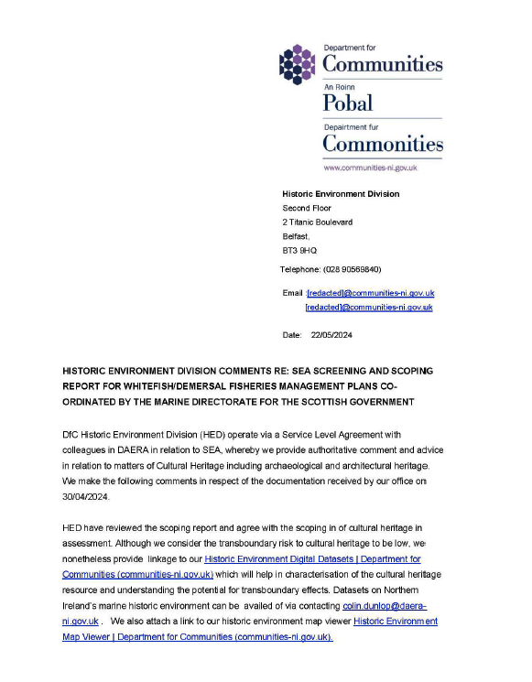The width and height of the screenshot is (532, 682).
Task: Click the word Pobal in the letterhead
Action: pyautogui.click(x=348, y=103)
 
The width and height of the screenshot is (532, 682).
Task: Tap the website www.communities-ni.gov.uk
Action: pyautogui.click(x=370, y=168)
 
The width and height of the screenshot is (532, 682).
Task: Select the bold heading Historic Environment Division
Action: pyautogui.click(x=341, y=194)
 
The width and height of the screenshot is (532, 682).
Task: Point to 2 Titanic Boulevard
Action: pyautogui.click(x=318, y=222)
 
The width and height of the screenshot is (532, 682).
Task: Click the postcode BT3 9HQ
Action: pyautogui.click(x=300, y=250)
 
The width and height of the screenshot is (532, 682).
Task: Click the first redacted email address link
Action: pyautogui.click(x=370, y=293)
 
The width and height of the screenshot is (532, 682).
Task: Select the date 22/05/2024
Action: pyautogui.click(x=331, y=335)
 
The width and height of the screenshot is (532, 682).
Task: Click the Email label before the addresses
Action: pyautogui.click(x=293, y=293)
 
